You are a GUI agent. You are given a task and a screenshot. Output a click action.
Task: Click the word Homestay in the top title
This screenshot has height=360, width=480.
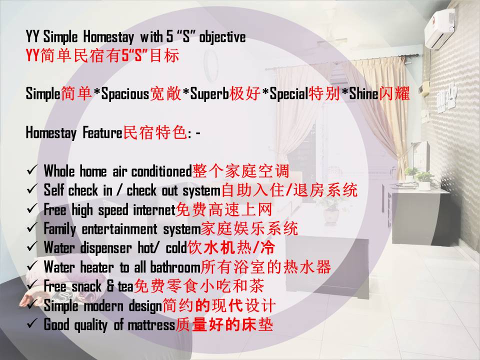[108, 37]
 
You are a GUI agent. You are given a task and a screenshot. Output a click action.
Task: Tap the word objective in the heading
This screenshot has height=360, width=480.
[222, 37]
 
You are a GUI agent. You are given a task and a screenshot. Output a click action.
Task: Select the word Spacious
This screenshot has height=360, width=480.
[125, 93]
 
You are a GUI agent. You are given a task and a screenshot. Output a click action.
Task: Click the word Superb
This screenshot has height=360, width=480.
[209, 93]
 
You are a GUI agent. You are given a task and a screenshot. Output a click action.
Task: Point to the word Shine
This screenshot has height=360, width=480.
[363, 93]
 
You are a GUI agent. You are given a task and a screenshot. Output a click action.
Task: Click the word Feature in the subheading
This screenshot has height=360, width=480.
[102, 133]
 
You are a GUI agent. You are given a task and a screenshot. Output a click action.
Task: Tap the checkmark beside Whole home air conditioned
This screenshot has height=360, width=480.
[32, 170]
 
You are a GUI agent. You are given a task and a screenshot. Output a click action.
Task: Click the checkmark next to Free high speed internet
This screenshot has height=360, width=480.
[32, 208]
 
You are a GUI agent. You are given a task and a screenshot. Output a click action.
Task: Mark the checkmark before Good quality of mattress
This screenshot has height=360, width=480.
[32, 323]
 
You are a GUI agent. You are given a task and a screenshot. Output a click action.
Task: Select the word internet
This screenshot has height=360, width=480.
[154, 210]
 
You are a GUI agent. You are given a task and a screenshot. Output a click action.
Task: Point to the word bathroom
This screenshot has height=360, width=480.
[175, 267]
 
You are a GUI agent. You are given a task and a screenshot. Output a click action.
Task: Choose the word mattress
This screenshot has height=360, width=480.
[151, 325]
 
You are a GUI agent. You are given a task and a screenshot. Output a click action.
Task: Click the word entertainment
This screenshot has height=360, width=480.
[119, 229]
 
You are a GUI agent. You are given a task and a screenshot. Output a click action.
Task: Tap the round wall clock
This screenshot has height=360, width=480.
[211, 65]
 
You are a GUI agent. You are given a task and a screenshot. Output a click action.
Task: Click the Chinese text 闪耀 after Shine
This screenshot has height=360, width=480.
[394, 93]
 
